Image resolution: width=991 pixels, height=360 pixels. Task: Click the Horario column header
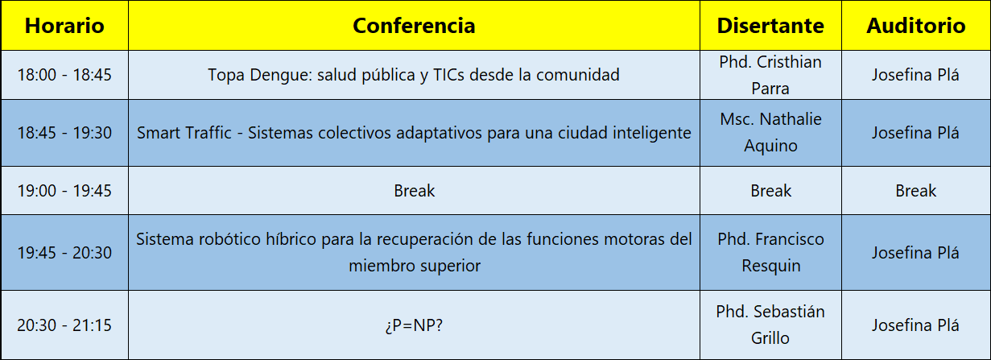pyautogui.click(x=64, y=26)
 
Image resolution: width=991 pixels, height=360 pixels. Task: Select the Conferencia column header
pyautogui.click(x=414, y=26)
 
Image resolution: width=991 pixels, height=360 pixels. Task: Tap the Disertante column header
pyautogui.click(x=770, y=26)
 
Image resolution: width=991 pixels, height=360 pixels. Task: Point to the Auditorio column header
pyautogui.click(x=916, y=26)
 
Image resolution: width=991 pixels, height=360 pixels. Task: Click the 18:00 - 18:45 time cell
pyautogui.click(x=64, y=75)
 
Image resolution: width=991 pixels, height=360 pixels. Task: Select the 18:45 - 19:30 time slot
pyautogui.click(x=64, y=133)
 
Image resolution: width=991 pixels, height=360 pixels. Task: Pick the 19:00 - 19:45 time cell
pyautogui.click(x=64, y=191)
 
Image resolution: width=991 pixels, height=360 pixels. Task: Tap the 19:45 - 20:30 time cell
pyautogui.click(x=64, y=253)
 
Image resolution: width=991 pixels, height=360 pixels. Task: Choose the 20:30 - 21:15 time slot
pyautogui.click(x=64, y=325)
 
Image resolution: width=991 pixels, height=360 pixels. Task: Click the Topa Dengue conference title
pyautogui.click(x=414, y=75)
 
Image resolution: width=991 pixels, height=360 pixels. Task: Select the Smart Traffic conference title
pyautogui.click(x=414, y=133)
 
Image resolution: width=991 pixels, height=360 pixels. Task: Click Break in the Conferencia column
pyautogui.click(x=415, y=191)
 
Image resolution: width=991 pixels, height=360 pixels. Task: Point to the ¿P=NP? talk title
pyautogui.click(x=414, y=325)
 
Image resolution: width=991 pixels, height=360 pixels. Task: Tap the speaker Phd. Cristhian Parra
pyautogui.click(x=770, y=75)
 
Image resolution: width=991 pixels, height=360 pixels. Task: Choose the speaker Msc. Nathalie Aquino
pyautogui.click(x=770, y=132)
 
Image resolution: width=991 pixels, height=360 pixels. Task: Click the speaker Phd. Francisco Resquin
pyautogui.click(x=770, y=252)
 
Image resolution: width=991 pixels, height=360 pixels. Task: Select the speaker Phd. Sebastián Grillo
pyautogui.click(x=770, y=325)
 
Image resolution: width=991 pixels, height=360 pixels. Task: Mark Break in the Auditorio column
pyautogui.click(x=916, y=191)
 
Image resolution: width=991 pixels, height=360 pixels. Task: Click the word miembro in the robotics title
pyautogui.click(x=382, y=266)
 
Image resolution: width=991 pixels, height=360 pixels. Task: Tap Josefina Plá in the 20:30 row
pyautogui.click(x=916, y=325)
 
